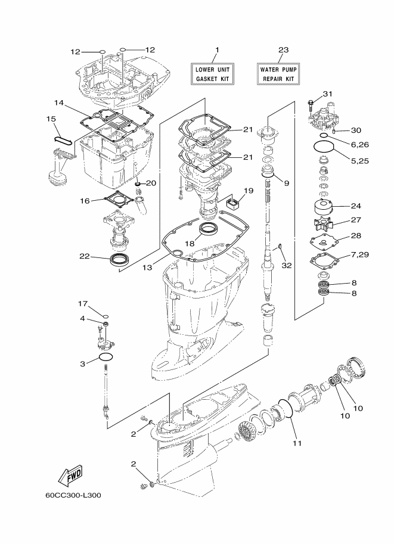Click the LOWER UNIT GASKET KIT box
pos(213,74)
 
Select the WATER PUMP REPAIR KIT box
pos(277,74)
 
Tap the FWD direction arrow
pos(70,475)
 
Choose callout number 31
pos(327,94)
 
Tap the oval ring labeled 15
pos(64,139)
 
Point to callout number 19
pos(248,191)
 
